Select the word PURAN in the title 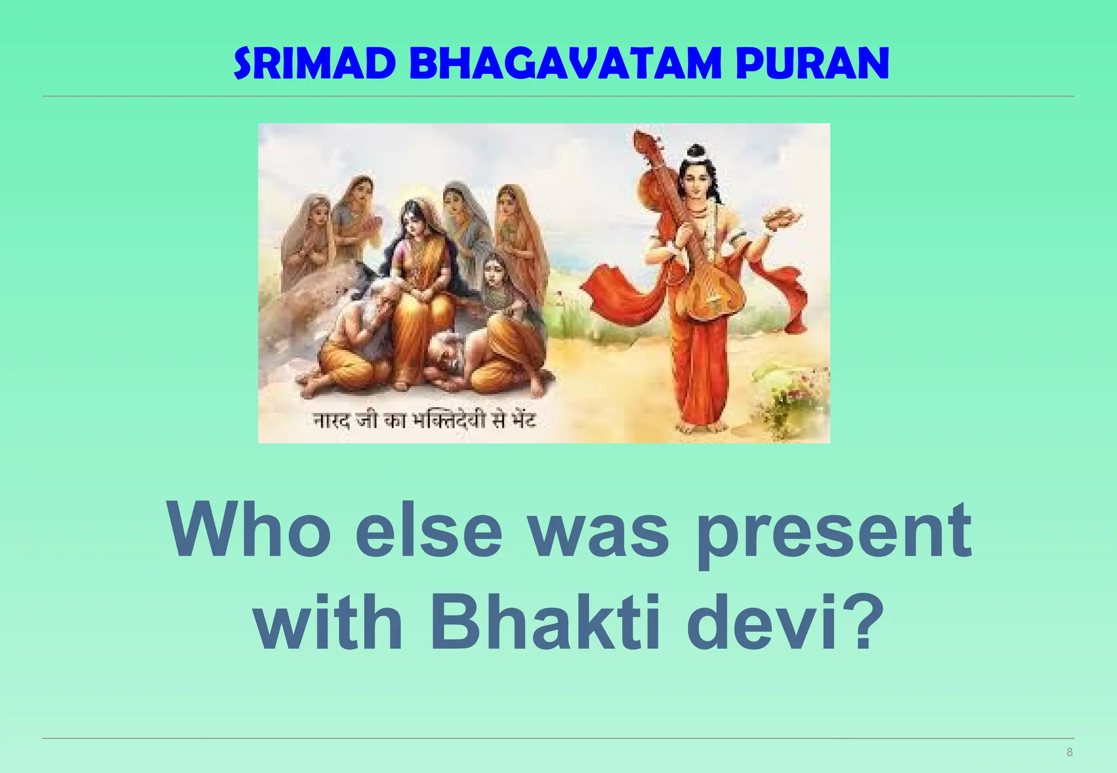coord(812,64)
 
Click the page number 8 coord(1069,753)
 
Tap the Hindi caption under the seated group coord(424,421)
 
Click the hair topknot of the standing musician coord(695,152)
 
